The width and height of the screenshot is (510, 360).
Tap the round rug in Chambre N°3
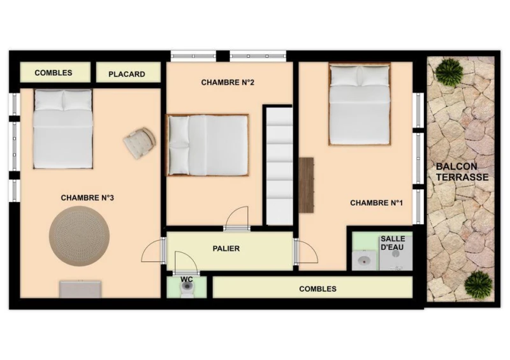click(79, 236)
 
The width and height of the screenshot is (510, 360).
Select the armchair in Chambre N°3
click(140, 143)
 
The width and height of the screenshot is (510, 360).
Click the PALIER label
click(226, 248)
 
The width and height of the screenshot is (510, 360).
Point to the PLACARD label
click(126, 74)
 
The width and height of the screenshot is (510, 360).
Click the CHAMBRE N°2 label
click(228, 83)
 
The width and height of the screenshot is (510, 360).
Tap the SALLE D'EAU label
click(392, 243)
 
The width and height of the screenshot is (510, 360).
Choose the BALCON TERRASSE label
click(462, 171)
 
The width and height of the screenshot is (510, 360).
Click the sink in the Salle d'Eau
click(365, 260)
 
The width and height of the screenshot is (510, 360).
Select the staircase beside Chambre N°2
click(279, 166)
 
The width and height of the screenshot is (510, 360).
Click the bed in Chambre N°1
click(360, 104)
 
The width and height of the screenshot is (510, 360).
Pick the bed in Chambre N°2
click(208, 145)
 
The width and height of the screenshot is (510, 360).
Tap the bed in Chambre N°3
click(63, 129)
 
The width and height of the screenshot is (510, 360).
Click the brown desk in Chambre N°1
click(307, 185)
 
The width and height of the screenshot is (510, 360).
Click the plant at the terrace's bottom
click(478, 284)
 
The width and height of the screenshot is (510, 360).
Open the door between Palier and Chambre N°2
click(237, 218)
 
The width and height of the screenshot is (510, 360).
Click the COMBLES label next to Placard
click(54, 73)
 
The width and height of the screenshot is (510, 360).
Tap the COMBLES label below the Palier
click(317, 289)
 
